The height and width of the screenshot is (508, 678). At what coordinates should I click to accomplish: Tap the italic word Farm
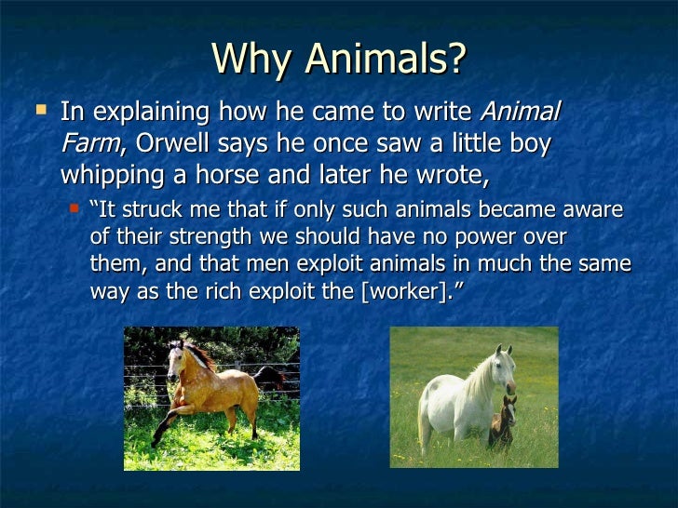[x=89, y=145]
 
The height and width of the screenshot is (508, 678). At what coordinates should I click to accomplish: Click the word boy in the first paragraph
[x=528, y=145]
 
